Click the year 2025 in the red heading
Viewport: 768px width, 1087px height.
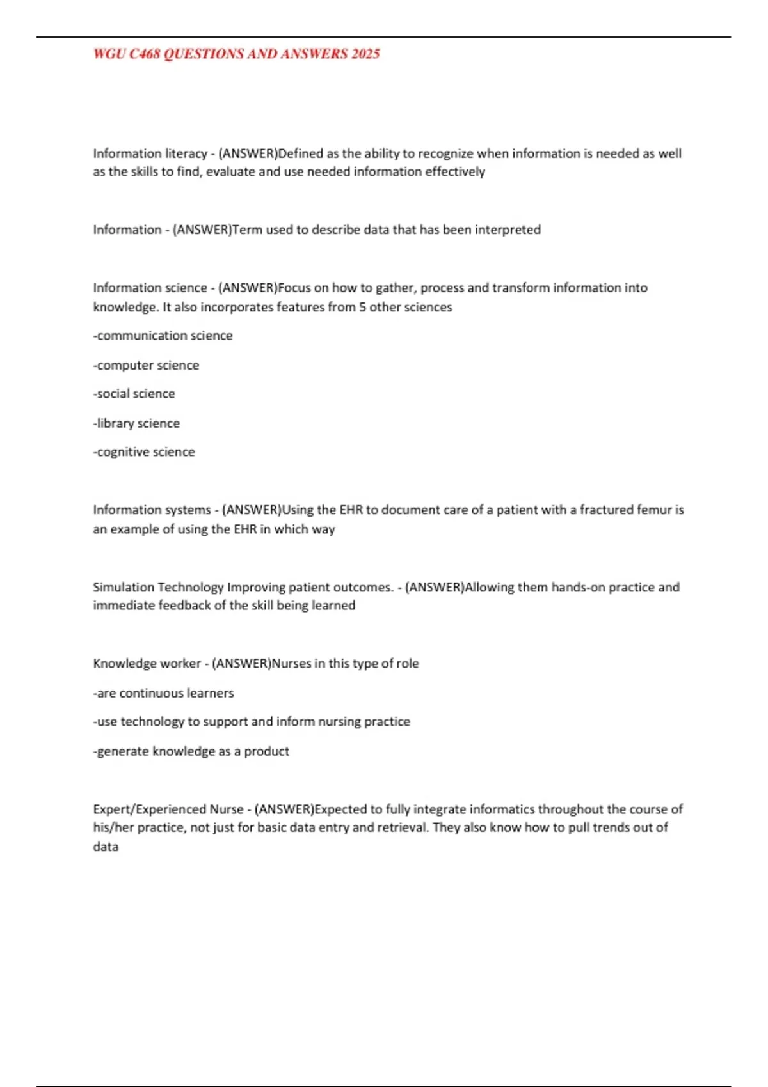365,54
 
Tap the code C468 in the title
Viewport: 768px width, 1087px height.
145,54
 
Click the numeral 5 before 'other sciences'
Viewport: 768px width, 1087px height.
362,307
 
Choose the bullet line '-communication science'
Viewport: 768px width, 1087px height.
163,336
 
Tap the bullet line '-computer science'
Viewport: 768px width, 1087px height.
146,365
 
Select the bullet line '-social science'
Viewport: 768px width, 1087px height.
134,394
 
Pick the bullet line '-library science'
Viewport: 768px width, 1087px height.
136,423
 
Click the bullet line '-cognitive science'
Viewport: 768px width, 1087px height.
144,452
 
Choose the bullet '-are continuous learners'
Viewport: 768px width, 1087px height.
163,693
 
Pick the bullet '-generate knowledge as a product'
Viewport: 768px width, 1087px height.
191,751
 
